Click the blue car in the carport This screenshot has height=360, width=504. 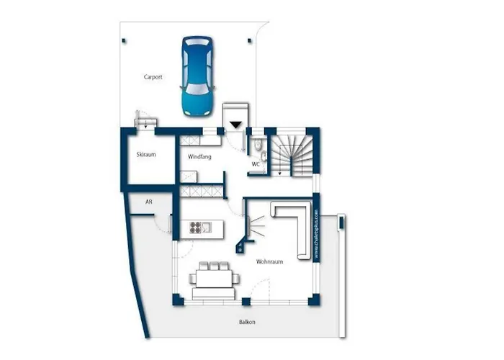pos(197,76)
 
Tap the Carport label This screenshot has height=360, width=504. pos(153,76)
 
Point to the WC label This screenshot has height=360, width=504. pos(256,163)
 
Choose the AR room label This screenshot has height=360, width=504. pos(148,202)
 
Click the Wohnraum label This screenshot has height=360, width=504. pos(269,262)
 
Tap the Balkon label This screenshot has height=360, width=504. pos(247,322)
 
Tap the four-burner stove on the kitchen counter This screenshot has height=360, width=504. pos(195,228)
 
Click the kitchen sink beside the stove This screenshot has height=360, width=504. pos(207,228)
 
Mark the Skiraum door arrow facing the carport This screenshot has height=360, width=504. pos(146,122)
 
